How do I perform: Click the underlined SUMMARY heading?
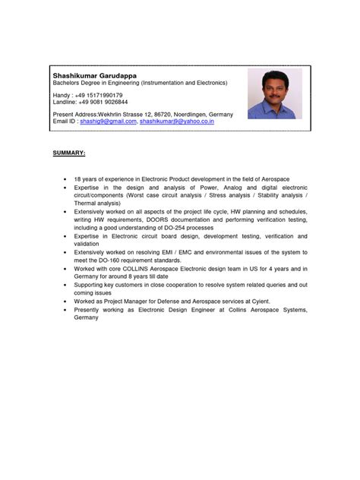click(69, 152)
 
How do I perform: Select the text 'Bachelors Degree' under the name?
click(77, 82)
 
